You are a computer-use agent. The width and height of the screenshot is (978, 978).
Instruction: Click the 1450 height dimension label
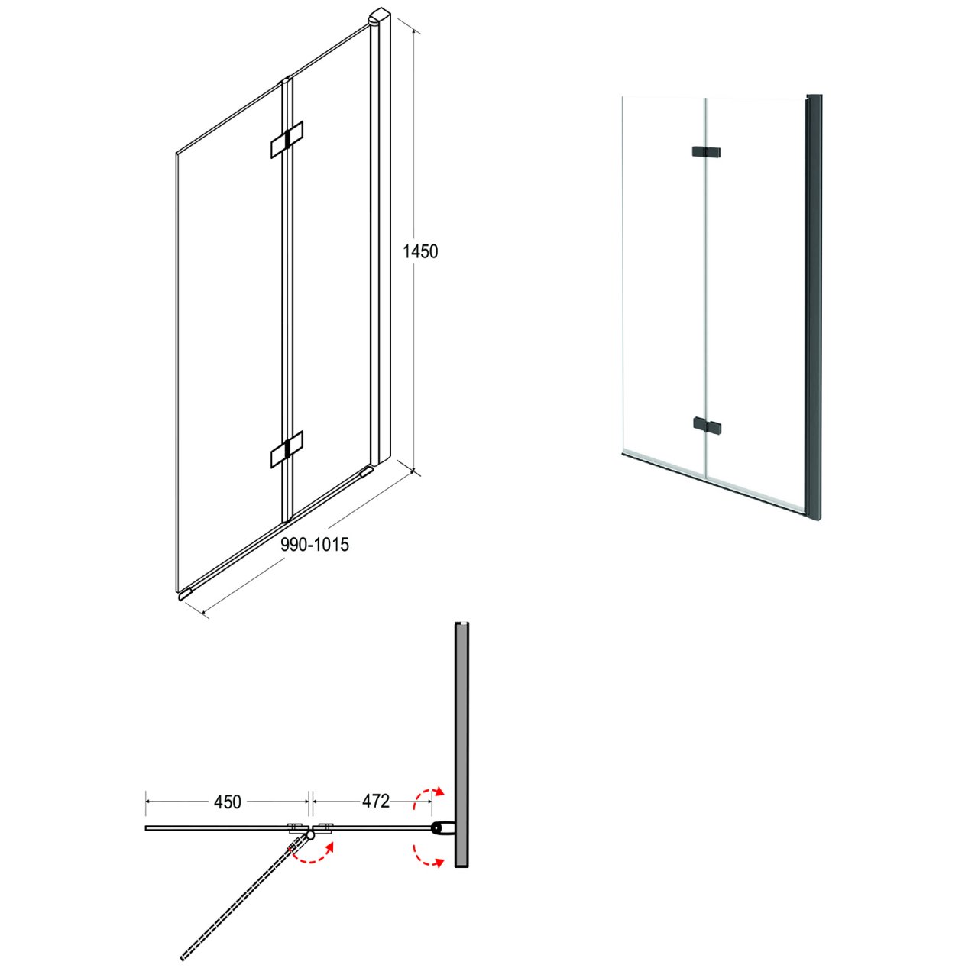pos(419,251)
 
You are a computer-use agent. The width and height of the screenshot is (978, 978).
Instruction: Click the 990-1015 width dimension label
pos(315,545)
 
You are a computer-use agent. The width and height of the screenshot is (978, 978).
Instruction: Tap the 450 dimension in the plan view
pos(228,802)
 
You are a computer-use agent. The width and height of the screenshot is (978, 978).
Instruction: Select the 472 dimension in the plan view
pos(376,801)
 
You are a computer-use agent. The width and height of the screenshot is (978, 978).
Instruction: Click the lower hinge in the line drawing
pos(287,449)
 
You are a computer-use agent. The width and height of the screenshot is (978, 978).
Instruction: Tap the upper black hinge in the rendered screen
pos(706,152)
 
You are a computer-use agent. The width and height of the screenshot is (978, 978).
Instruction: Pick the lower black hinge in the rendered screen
pos(706,426)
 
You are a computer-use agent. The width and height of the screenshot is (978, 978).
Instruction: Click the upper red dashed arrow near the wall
pos(426,797)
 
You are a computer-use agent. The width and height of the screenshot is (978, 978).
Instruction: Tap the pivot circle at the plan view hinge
pos(310,834)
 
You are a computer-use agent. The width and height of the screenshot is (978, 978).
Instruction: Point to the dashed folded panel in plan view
pos(244,903)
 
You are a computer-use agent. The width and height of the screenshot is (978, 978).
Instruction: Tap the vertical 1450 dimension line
pos(415,251)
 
